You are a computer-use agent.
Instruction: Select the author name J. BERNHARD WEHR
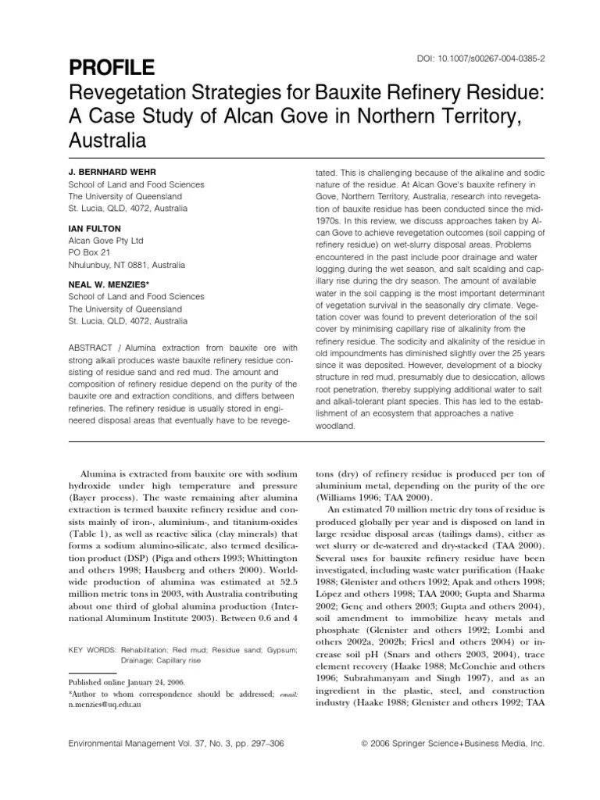[x=116, y=170]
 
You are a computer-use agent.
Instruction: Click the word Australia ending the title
[x=108, y=142]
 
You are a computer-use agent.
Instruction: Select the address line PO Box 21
[x=89, y=254]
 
